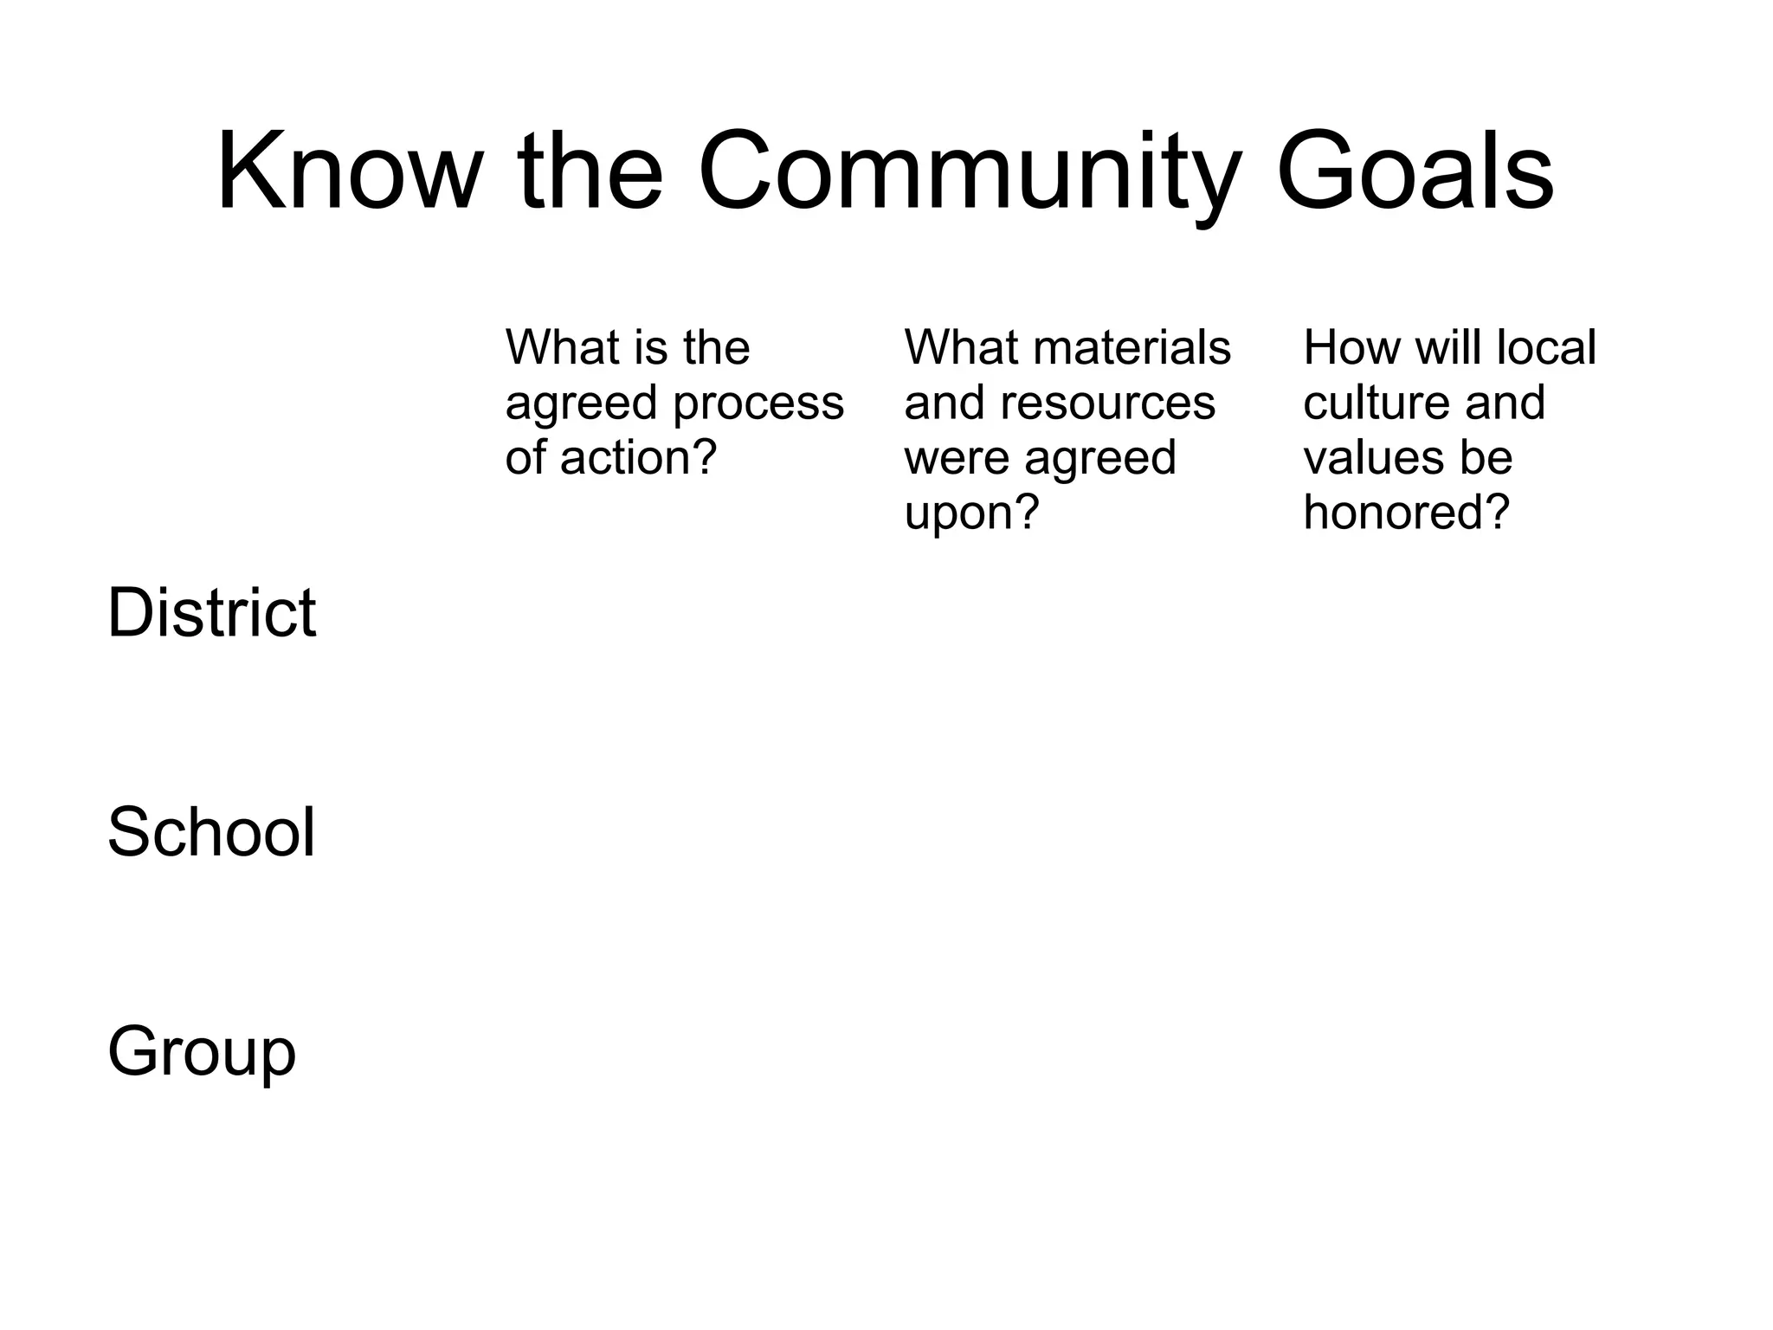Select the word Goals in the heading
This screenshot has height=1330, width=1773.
pos(1415,171)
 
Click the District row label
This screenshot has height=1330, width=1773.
pos(211,612)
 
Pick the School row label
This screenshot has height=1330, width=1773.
pos(211,832)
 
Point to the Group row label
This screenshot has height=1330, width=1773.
pos(202,1052)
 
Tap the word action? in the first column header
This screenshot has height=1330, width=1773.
pos(639,457)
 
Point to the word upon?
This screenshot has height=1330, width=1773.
pos(971,513)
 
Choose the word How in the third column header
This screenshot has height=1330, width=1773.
pos(1351,347)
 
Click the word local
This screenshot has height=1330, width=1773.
pos(1546,347)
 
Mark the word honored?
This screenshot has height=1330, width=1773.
pos(1407,513)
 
